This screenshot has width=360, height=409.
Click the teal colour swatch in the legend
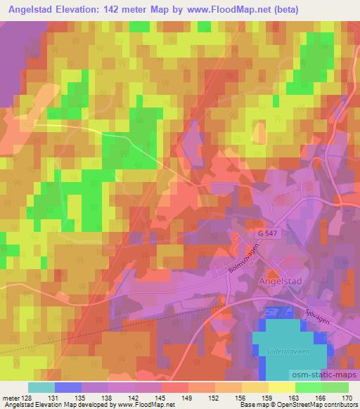[x=41, y=387]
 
